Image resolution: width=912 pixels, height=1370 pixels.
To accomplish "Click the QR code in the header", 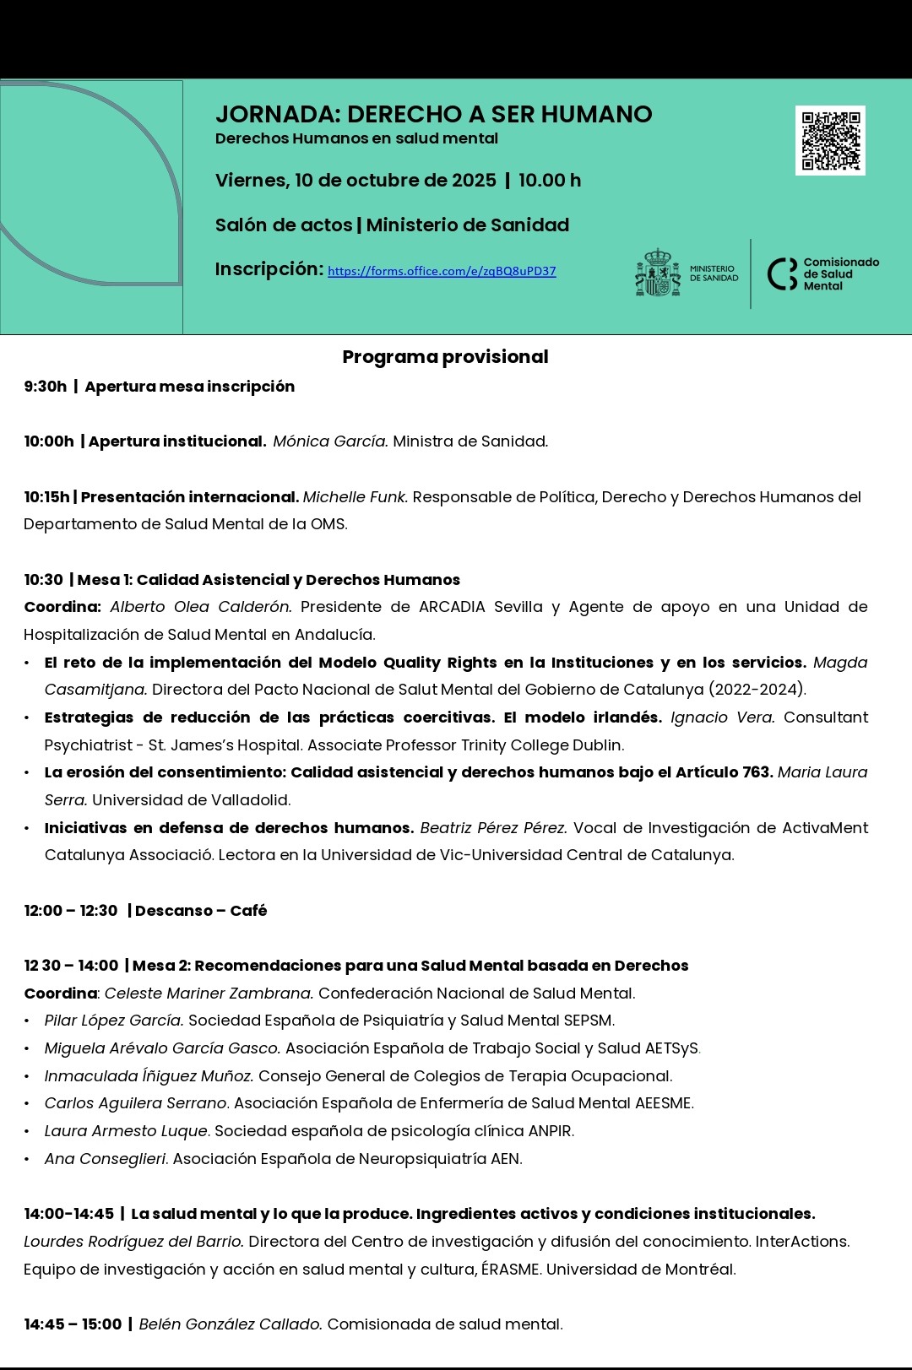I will coord(830,140).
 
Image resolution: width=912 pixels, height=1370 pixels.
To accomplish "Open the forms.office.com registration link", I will coord(442,271).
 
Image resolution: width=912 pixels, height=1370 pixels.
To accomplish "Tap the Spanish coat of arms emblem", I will coord(658,273).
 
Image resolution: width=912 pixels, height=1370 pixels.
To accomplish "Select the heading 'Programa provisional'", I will coord(445,357).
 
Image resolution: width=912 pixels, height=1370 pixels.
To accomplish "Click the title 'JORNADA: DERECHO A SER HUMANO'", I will coord(433,114).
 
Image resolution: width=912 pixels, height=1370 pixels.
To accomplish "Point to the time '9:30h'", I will coord(45,387).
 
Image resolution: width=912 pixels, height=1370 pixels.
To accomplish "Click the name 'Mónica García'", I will coord(330,441).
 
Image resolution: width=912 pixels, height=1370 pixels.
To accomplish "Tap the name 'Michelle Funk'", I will coord(355,497).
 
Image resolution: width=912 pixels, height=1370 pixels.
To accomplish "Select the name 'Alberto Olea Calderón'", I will coord(201,607).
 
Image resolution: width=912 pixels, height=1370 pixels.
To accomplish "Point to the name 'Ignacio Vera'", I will coord(722,717).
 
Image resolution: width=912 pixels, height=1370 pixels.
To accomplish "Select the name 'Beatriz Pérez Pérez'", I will coord(492,828).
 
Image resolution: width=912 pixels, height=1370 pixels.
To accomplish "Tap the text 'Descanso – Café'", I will coord(201,911).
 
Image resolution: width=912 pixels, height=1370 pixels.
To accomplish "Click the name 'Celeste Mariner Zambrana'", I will coord(209,994).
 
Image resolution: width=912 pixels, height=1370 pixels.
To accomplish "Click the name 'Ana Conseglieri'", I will coord(106,1159).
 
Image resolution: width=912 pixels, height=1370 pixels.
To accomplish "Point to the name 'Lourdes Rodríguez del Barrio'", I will coord(133,1242).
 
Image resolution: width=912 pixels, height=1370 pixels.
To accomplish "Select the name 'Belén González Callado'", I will coord(230,1324).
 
